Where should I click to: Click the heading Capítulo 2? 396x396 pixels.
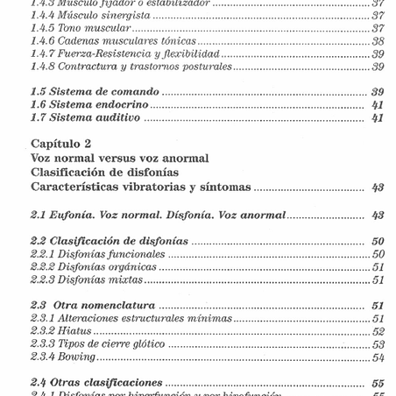point(60,143)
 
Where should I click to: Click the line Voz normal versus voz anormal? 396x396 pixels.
point(119,158)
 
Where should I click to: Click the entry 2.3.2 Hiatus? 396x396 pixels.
point(60,332)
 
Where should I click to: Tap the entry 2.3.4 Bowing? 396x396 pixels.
point(63,357)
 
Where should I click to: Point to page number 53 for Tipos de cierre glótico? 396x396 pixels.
point(378,344)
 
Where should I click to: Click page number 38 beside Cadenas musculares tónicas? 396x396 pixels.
point(378,41)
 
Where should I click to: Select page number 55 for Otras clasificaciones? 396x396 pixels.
point(378,383)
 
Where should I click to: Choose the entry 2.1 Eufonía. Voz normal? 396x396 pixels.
point(158,216)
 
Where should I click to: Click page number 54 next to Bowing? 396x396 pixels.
point(378,357)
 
